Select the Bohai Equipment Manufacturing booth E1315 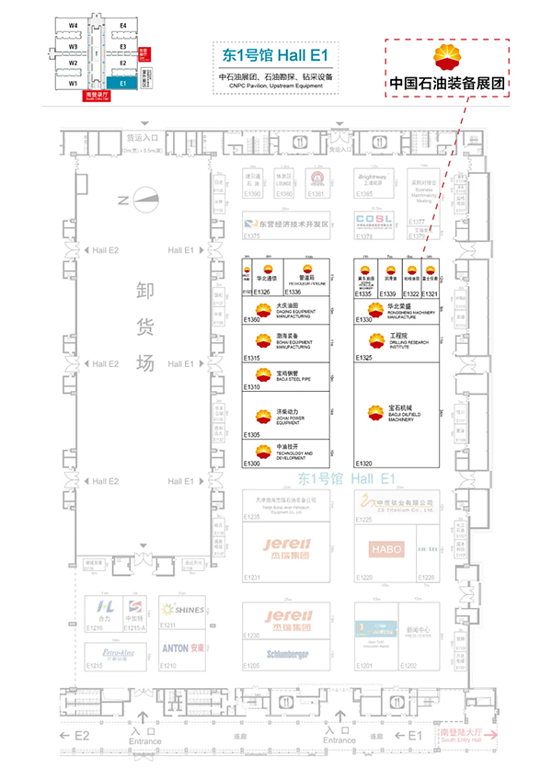tap(286, 342)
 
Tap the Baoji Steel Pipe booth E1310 tap(286, 375)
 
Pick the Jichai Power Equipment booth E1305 tap(286, 415)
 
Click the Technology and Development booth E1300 tap(286, 452)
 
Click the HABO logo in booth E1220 tap(382, 549)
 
